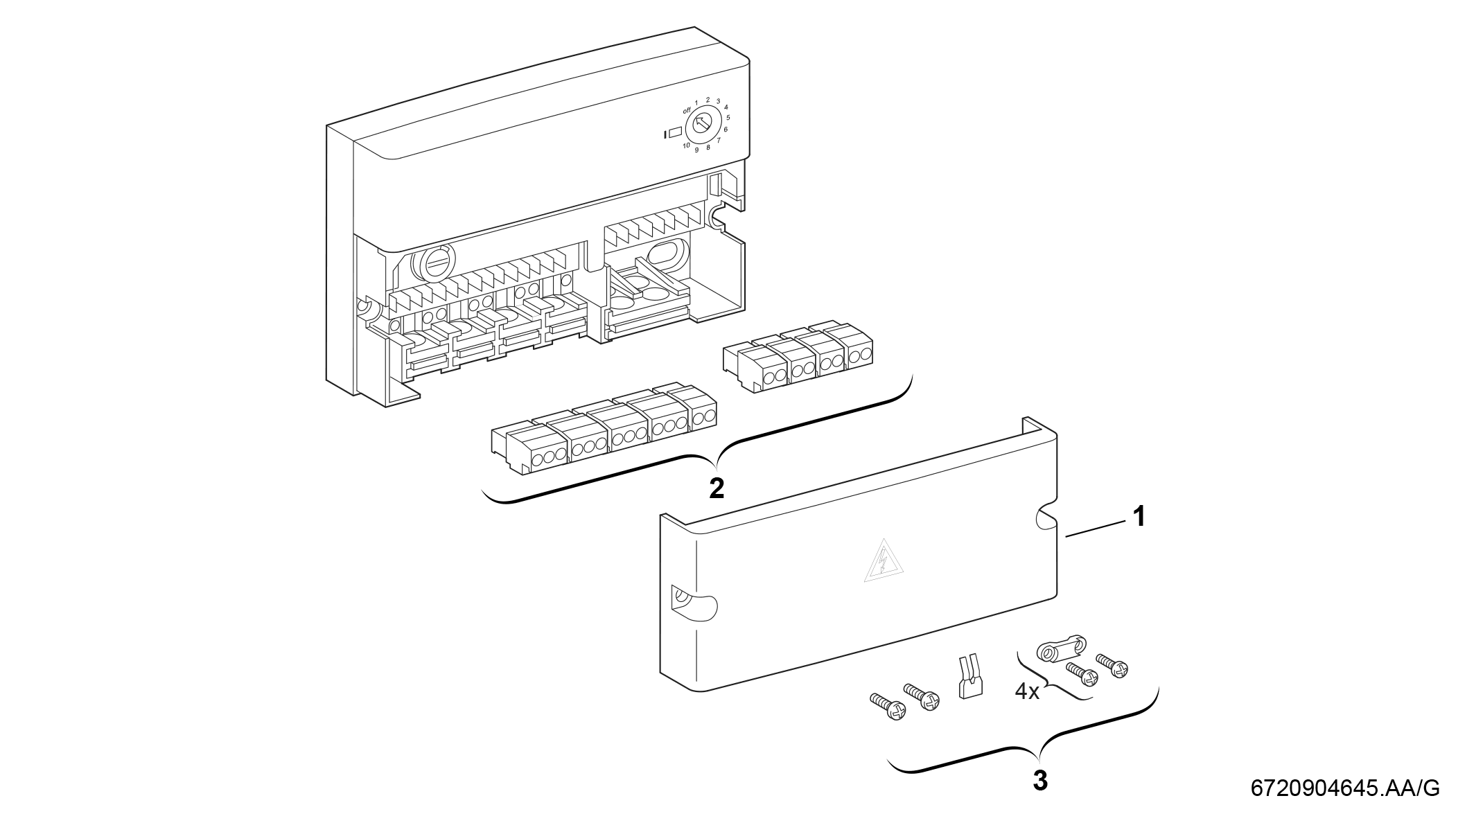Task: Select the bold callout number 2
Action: coord(717,488)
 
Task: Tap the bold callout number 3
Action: coord(1040,781)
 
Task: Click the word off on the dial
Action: coord(687,110)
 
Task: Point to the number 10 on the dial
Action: coord(685,145)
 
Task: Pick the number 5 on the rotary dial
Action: coord(728,117)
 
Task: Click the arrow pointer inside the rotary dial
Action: coord(701,125)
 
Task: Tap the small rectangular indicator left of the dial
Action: coord(674,134)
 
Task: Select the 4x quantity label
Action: coord(1027,691)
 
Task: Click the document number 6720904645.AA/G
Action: coord(1344,788)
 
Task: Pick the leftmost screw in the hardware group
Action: coord(887,709)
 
